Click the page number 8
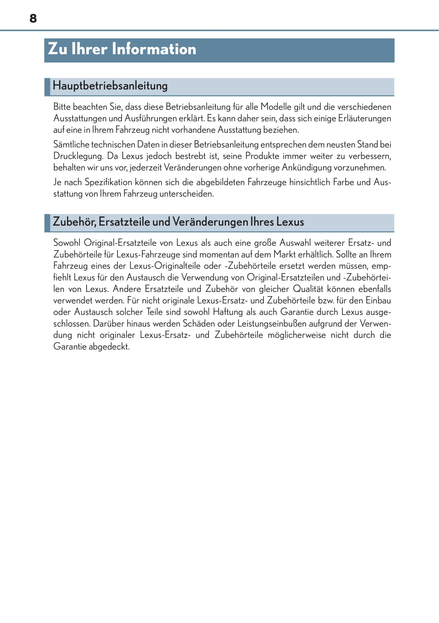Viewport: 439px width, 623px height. tap(33, 18)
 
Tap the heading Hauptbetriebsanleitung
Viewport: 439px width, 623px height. tap(110, 86)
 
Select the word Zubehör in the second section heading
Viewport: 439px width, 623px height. tap(74, 222)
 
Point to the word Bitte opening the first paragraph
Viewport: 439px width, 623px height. tap(62, 107)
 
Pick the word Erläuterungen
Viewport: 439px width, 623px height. tap(364, 118)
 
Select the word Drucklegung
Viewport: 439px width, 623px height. tap(78, 156)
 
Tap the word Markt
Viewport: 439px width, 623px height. tap(284, 254)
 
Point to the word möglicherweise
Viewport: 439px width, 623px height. tap(296, 335)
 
